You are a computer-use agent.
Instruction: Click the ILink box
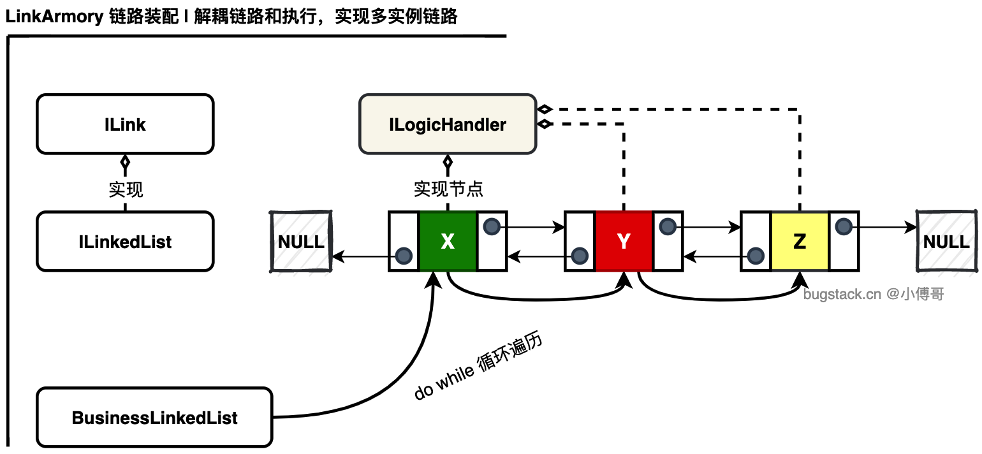[x=125, y=124]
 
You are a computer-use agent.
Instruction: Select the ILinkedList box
[x=125, y=242]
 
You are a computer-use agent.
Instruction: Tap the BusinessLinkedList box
[x=154, y=417]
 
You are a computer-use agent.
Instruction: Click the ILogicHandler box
[x=448, y=124]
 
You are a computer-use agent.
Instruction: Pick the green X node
[x=448, y=241]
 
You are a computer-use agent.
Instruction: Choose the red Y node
[x=624, y=241]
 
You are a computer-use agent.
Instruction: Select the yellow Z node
[x=800, y=241]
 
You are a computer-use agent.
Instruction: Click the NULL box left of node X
[x=301, y=242]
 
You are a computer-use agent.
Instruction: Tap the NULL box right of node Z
[x=946, y=242]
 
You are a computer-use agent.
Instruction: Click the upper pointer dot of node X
[x=492, y=226]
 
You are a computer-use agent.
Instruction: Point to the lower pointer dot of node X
[x=403, y=256]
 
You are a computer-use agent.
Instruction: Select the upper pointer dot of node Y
[x=667, y=226]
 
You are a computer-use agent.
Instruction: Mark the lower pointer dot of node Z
[x=756, y=256]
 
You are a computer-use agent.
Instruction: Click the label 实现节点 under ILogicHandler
[x=448, y=189]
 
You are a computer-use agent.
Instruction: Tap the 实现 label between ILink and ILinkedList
[x=126, y=189]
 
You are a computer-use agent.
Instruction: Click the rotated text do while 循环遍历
[x=478, y=366]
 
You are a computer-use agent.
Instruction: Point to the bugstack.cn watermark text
[x=874, y=293]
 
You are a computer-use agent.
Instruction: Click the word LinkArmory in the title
[x=54, y=17]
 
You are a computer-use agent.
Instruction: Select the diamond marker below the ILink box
[x=125, y=162]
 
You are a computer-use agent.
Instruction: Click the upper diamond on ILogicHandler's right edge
[x=545, y=109]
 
